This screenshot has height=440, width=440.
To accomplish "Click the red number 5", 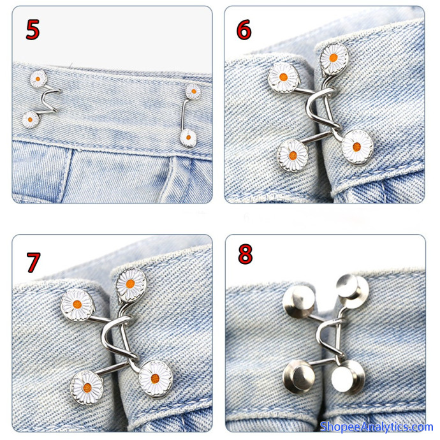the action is tap(33, 29).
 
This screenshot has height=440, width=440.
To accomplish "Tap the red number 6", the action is tap(244, 29).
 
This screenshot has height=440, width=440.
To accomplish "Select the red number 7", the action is tap(33, 262).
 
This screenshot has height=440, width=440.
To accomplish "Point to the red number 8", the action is tap(245, 254).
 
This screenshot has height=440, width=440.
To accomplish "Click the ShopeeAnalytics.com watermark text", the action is tap(376, 427).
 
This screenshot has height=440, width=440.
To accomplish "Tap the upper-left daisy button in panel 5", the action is tap(38, 79).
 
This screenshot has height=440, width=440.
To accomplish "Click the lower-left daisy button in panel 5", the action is tap(31, 119).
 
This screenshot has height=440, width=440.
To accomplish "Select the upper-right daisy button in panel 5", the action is tap(193, 91).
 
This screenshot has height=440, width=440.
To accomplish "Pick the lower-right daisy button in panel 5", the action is tap(188, 138).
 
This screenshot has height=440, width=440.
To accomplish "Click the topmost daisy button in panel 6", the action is tap(334, 59).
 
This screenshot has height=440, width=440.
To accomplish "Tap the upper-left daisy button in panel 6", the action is tap(283, 77).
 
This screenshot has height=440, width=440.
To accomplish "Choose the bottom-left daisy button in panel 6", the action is tap(293, 156).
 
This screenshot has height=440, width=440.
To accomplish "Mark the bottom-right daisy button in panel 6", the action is tap(357, 147).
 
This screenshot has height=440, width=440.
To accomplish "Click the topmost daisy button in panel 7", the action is tap(131, 284).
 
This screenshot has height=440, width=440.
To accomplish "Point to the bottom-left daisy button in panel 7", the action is tap(87, 388).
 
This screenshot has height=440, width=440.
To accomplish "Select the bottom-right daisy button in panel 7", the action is tap(156, 379).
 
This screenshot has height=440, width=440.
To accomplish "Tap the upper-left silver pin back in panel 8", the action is tap(298, 302).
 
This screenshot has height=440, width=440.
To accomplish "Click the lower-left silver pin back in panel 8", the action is tap(299, 376).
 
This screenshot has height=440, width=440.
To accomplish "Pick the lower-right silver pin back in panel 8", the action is tap(348, 376).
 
